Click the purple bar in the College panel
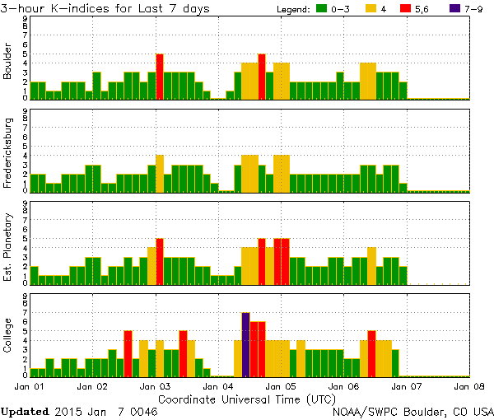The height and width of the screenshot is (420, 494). (x=245, y=343)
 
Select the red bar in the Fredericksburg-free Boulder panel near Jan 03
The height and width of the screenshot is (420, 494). (x=160, y=76)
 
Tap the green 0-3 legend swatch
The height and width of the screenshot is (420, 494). (x=323, y=9)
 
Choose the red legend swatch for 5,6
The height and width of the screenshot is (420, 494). (x=405, y=9)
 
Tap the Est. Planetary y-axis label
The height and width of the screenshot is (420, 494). (x=8, y=243)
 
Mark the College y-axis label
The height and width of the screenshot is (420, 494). (x=8, y=335)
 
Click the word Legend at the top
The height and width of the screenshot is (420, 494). (x=293, y=9)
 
